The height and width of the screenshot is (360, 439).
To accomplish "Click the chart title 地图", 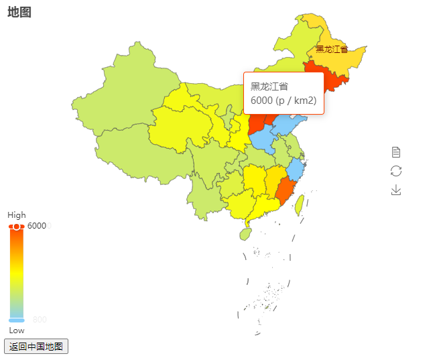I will pyautogui.click(x=19, y=12).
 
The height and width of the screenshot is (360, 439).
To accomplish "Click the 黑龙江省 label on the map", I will pyautogui.click(x=332, y=49).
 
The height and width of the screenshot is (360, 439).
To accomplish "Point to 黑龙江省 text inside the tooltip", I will pyautogui.click(x=269, y=86).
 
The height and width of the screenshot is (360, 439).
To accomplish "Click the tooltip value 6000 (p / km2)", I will pyautogui.click(x=284, y=101).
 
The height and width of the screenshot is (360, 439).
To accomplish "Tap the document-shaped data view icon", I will pyautogui.click(x=396, y=152).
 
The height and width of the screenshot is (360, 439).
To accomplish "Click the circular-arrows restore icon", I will pyautogui.click(x=396, y=171).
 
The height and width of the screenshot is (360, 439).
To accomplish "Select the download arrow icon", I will pyautogui.click(x=396, y=190).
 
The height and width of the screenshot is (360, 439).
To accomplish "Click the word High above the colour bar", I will pyautogui.click(x=17, y=215).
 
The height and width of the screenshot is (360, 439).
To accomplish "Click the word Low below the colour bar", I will pyautogui.click(x=17, y=331).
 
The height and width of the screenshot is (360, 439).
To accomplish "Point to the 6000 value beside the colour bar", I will pyautogui.click(x=37, y=226).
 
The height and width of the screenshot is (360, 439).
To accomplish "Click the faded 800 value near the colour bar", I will pyautogui.click(x=40, y=320).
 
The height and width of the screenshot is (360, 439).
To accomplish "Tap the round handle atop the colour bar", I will pyautogui.click(x=17, y=227).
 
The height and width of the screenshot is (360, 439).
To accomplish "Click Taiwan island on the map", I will pyautogui.click(x=300, y=204).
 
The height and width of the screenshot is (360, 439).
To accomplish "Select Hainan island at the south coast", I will pyautogui.click(x=246, y=233).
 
